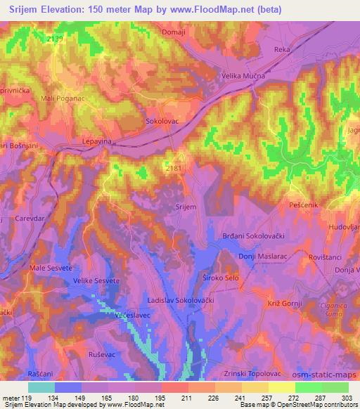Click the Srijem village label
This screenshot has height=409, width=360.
[x=185, y=207]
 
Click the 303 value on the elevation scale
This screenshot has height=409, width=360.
[x=347, y=398]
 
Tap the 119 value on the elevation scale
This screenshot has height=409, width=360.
[x=27, y=398]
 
